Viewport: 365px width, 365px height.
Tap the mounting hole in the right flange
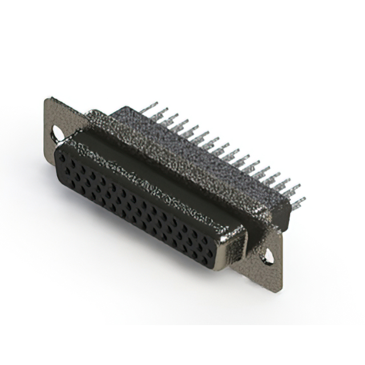point(266,257)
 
